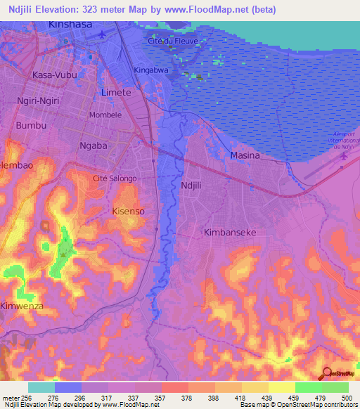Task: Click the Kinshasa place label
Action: (x=70, y=25)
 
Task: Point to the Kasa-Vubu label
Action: (x=52, y=74)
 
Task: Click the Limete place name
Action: (x=116, y=93)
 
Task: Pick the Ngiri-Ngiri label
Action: (x=40, y=100)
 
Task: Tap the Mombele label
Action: (x=104, y=115)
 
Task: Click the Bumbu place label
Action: (x=31, y=125)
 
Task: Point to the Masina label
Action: (x=245, y=155)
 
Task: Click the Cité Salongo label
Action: (x=115, y=178)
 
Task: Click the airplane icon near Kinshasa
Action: (x=103, y=33)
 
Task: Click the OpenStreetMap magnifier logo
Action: (x=327, y=373)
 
